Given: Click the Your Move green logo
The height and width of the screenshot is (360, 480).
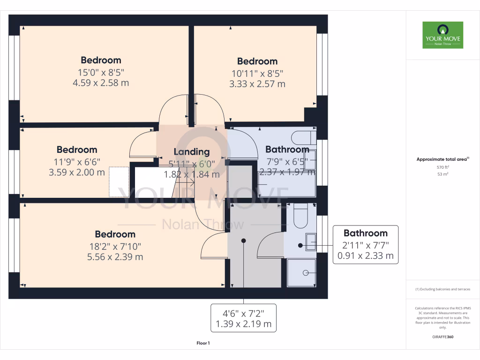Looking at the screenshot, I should pyautogui.click(x=442, y=35).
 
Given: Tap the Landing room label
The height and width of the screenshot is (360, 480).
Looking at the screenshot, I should pyautogui.click(x=191, y=151).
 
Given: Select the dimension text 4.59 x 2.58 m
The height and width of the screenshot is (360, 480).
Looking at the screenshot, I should pyautogui.click(x=101, y=83).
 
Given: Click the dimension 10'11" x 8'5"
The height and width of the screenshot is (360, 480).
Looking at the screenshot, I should pyautogui.click(x=257, y=73).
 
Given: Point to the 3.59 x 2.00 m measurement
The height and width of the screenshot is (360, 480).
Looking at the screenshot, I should pyautogui.click(x=77, y=172).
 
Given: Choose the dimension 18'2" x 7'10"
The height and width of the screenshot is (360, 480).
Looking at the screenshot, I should pyautogui.click(x=115, y=246).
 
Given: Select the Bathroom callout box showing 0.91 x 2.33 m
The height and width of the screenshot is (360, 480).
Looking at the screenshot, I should pyautogui.click(x=365, y=245).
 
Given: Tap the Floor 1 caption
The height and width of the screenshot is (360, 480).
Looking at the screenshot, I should pyautogui.click(x=203, y=344).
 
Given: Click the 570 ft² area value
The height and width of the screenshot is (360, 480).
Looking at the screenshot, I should pyautogui.click(x=442, y=167).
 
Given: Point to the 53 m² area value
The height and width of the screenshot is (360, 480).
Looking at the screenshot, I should pyautogui.click(x=442, y=174).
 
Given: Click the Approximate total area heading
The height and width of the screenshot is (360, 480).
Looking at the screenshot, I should pyautogui.click(x=442, y=159).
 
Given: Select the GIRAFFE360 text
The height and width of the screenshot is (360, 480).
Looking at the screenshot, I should pyautogui.click(x=442, y=337).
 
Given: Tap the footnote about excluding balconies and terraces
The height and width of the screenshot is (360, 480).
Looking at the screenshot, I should pyautogui.click(x=442, y=289).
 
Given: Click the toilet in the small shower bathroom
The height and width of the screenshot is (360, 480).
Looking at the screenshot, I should pyautogui.click(x=300, y=216).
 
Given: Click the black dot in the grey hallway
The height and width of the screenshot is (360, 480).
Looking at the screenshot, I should pyautogui.click(x=243, y=240).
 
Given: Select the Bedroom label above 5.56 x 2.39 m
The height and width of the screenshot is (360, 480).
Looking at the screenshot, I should pyautogui.click(x=115, y=234).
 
